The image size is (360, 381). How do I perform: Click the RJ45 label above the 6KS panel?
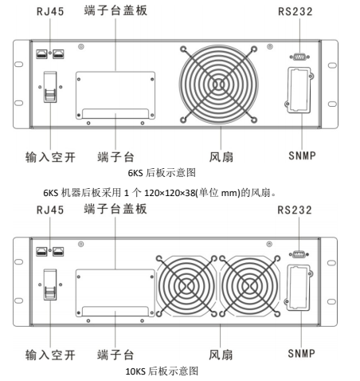pos(50,11)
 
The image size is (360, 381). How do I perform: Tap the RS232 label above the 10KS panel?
pos(295,210)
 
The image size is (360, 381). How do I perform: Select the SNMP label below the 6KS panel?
pos(302,155)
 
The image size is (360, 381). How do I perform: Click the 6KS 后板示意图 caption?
pos(162,173)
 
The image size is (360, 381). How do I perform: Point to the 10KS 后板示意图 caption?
pos(162,371)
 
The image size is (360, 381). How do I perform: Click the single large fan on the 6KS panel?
pos(218,84)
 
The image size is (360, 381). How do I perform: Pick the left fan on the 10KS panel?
pos(186,286)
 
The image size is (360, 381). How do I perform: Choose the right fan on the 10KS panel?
pos(250,286)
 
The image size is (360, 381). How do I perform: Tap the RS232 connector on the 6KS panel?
pos(299,57)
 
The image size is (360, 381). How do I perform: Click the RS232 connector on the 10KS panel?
pos(299,254)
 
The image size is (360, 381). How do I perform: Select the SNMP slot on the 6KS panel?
pos(299,90)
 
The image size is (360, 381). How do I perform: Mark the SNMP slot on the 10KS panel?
pos(299,288)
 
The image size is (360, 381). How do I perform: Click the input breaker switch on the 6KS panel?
pos(50,87)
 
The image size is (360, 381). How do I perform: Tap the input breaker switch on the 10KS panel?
pos(50,285)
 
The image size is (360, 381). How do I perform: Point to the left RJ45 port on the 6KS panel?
pos(41,54)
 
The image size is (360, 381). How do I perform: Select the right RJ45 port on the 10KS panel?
pos(58,252)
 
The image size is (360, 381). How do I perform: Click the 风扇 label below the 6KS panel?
pos(221,157)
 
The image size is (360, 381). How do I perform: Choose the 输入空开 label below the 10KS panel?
pos(50,355)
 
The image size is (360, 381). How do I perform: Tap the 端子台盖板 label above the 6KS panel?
pos(115,10)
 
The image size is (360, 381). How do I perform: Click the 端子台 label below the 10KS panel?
pos(115,355)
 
